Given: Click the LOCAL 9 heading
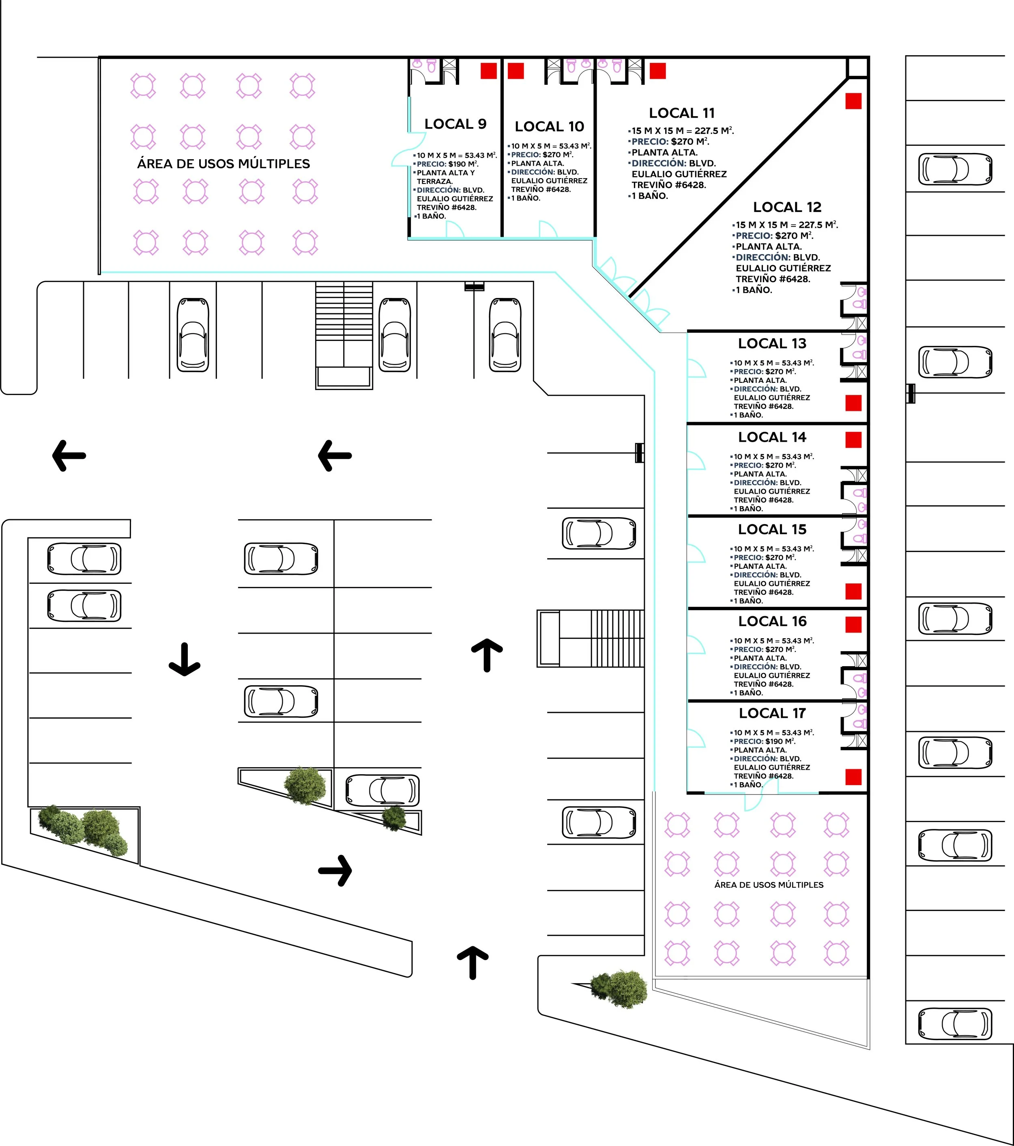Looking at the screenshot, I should coord(455,124).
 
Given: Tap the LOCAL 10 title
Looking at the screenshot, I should coord(549,127).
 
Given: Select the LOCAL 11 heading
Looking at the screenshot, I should coord(682,113).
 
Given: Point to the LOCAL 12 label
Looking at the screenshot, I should coord(787,207).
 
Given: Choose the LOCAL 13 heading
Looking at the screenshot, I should coord(772,344).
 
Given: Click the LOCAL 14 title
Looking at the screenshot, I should coord(772,437).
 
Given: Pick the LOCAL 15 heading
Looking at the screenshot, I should coord(772,529).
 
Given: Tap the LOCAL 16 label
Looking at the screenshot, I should coord(772,621).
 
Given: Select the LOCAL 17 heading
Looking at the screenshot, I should coord(772,713).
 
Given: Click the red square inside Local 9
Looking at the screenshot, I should coord(488,71).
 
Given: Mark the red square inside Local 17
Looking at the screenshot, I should coord(853,777).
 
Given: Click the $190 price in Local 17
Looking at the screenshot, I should coord(774,741).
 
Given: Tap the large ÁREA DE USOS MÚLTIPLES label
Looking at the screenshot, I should coord(223,164).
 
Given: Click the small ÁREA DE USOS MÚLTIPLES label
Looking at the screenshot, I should coord(769,885).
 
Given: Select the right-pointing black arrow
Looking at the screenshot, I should coord(335,871).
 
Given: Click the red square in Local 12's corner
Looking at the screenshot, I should coord(853,101).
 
